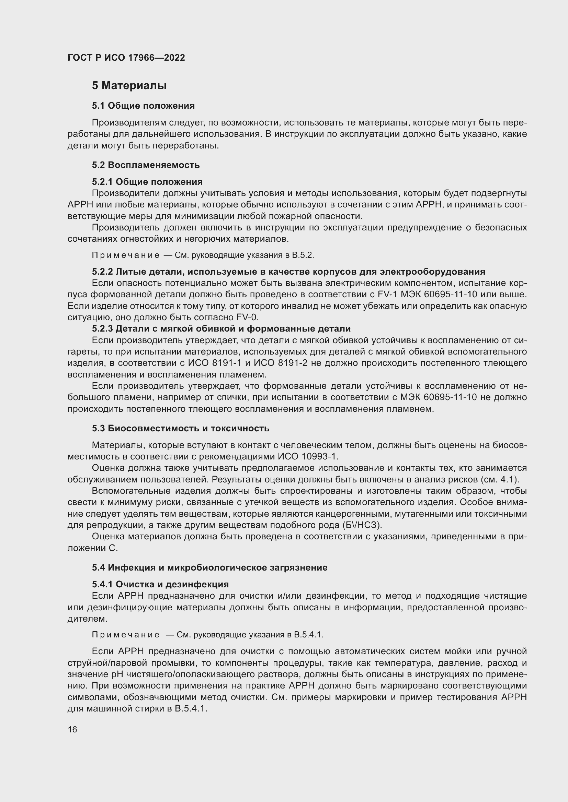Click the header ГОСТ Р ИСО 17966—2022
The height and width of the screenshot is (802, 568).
[x=126, y=58]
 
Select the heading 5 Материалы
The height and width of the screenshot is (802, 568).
[x=129, y=86]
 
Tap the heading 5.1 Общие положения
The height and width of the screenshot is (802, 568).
[x=144, y=106]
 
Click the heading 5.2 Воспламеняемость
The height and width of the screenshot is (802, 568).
[x=146, y=165]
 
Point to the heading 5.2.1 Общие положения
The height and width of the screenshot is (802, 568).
[x=147, y=182]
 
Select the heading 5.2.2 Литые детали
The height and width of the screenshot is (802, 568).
[x=288, y=272]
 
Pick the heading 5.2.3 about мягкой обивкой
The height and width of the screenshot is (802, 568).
[x=221, y=329]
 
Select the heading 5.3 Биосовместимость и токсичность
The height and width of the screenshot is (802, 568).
[x=181, y=428]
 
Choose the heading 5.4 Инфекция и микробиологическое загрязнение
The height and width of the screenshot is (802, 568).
[x=209, y=567]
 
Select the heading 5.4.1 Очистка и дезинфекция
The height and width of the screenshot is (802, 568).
[x=160, y=584]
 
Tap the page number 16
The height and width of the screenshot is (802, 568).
[x=72, y=730]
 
